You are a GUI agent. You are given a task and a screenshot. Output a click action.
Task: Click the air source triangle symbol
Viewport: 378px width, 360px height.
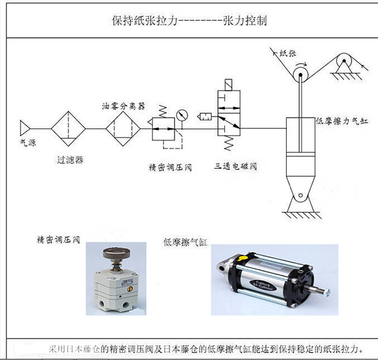tap(25, 128)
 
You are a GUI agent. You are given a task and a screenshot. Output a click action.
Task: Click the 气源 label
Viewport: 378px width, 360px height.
tap(27, 143)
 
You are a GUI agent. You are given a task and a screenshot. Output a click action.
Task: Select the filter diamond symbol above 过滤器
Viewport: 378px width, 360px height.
tap(67, 129)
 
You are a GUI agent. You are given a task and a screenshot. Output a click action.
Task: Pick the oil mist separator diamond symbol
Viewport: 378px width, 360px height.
tap(120, 129)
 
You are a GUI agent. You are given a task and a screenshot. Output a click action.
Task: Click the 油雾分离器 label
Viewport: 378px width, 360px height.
tap(123, 105)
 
